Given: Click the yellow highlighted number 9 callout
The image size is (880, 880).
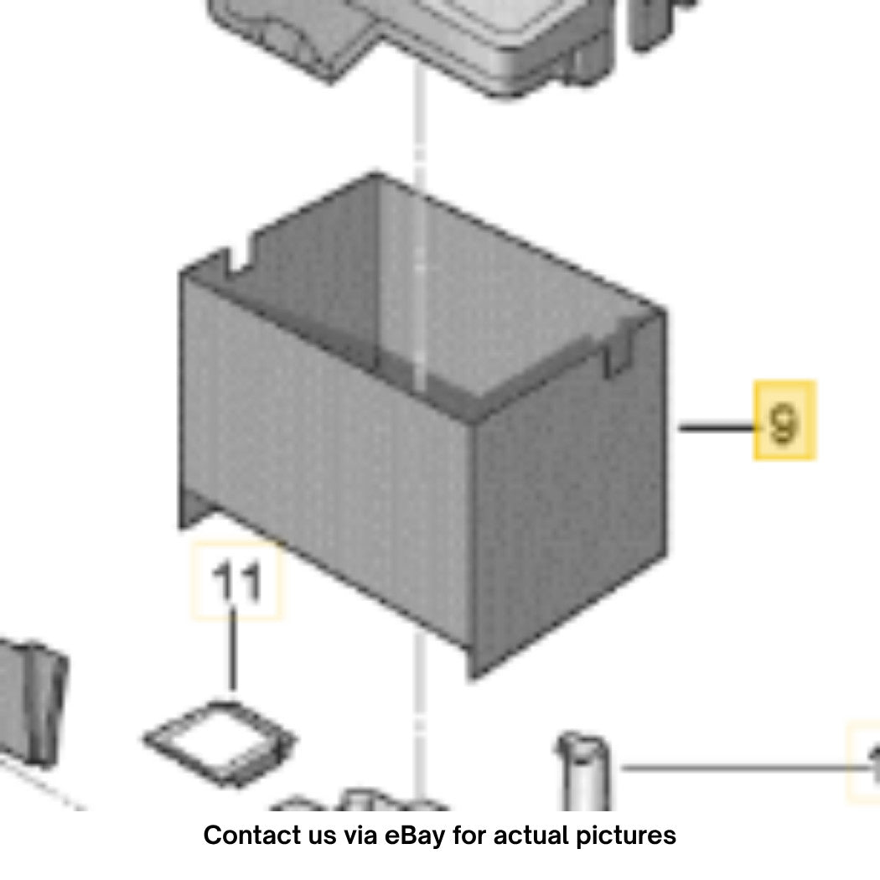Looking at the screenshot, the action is (784, 421).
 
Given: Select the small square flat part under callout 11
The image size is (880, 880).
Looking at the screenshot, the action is (220, 742).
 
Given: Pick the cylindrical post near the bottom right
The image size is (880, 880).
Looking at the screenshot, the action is (583, 770).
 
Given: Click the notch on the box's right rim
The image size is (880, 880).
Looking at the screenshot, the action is (618, 351).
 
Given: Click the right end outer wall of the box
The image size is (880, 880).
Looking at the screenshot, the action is (568, 494).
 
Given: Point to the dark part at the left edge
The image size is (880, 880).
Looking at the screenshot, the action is (31, 701).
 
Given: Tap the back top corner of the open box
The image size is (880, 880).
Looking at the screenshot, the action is (376, 174).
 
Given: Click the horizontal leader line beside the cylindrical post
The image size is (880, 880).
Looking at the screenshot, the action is (747, 767).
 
